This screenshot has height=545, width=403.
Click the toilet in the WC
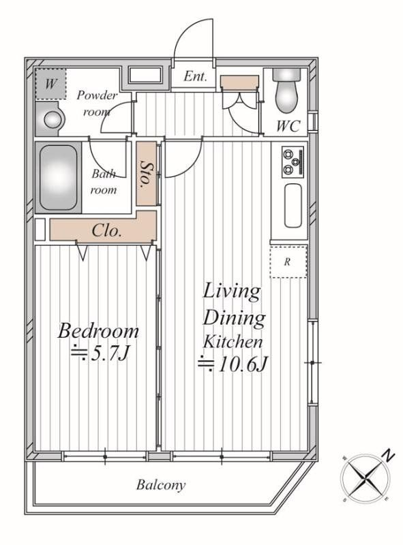(x=287, y=90)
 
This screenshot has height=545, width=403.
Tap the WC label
(x=288, y=126)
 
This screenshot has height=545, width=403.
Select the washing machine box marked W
(x=51, y=84)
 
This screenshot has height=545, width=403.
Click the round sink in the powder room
(x=53, y=119)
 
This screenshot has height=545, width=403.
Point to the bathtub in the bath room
(x=58, y=178)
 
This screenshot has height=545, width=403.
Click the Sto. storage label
(x=146, y=174)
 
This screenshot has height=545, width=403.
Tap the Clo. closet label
(x=107, y=230)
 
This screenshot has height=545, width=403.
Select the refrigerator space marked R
(x=288, y=262)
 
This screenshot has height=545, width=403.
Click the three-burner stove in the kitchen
(x=293, y=161)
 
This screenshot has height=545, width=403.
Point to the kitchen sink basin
(x=293, y=206)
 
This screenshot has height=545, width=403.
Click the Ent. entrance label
(x=195, y=76)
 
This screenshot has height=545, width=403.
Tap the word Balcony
(x=161, y=485)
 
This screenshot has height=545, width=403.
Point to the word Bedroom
(x=98, y=330)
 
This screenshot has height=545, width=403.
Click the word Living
(x=231, y=292)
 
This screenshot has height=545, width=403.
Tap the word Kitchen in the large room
(x=233, y=342)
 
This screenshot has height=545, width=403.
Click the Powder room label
(x=97, y=104)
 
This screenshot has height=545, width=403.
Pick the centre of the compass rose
(x=365, y=478)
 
